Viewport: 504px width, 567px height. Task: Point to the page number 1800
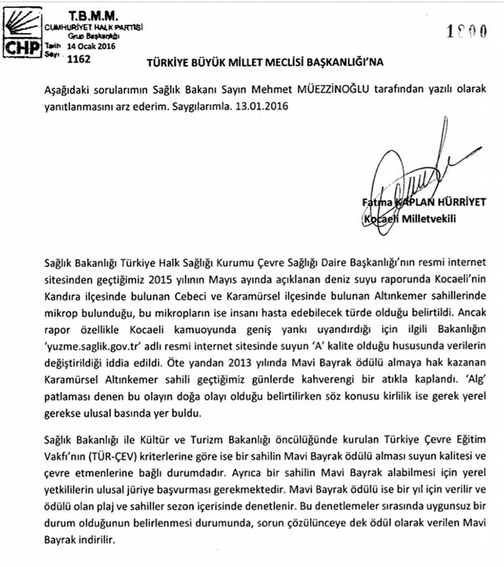462,32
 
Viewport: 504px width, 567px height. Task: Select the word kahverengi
308,360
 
